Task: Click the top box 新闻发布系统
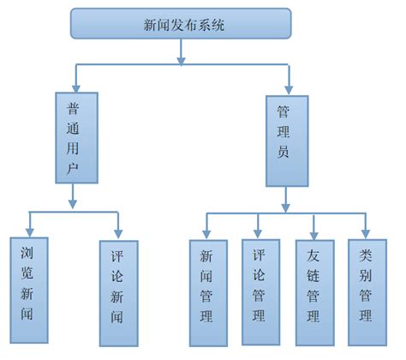click(181, 24)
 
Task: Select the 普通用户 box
click(73, 138)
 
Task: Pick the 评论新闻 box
click(117, 291)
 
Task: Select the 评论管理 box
click(258, 290)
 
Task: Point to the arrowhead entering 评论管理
click(258, 232)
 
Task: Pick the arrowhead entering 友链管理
click(313, 232)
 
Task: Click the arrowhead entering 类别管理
click(366, 232)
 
